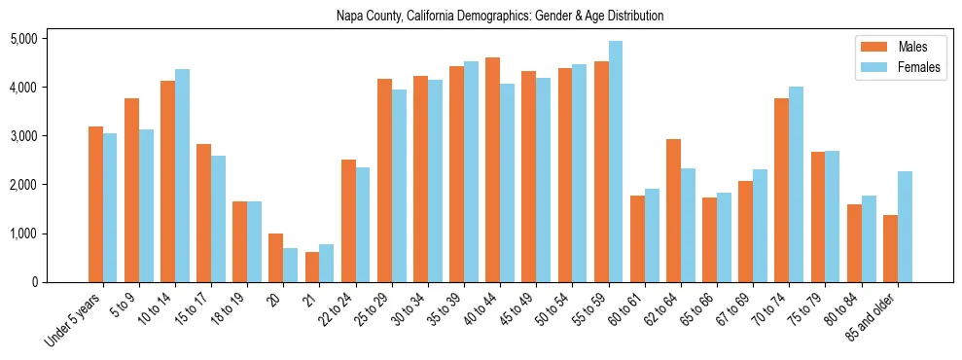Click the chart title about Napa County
pyautogui.click(x=500, y=16)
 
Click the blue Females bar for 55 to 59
pyautogui.click(x=616, y=162)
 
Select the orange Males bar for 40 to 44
pyautogui.click(x=493, y=170)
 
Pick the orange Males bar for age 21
pyautogui.click(x=312, y=268)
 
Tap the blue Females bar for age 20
pyautogui.click(x=291, y=265)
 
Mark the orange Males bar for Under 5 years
pyautogui.click(x=95, y=204)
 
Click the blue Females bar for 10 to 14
pyautogui.click(x=182, y=175)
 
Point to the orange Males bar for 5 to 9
pyautogui.click(x=131, y=190)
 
